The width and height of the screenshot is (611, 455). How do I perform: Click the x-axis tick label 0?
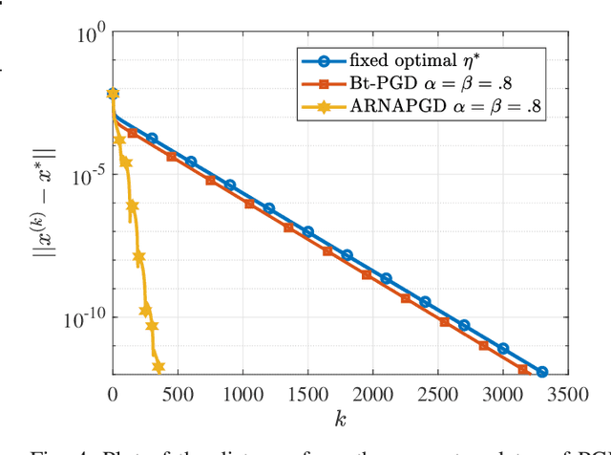pyautogui.click(x=113, y=392)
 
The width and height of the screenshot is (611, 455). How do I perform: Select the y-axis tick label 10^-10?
pyautogui.click(x=83, y=317)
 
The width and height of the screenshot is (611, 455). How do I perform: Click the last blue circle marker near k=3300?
pyautogui.click(x=542, y=372)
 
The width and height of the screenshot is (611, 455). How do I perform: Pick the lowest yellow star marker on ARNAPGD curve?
pyautogui.click(x=158, y=367)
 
